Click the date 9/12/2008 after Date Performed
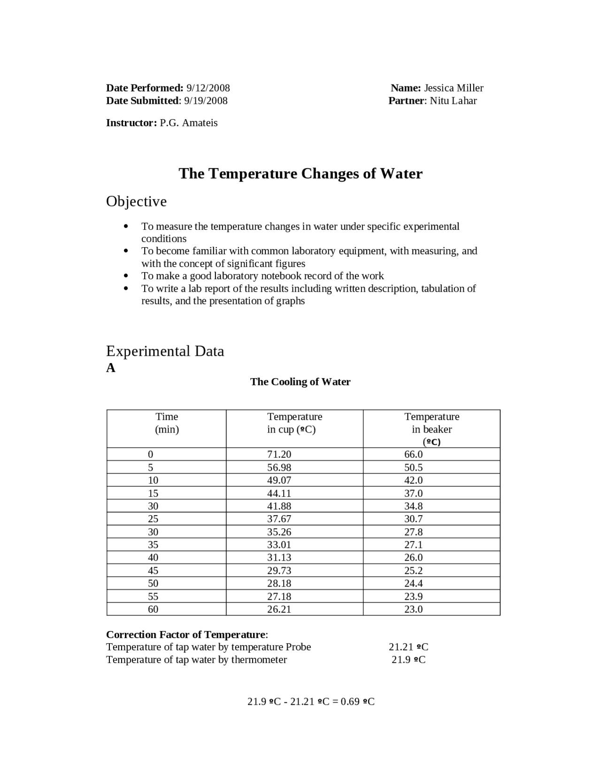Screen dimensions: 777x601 (208, 88)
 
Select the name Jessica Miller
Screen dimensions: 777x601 (454, 88)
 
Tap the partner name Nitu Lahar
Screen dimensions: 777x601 (453, 100)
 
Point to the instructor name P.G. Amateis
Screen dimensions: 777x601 (189, 123)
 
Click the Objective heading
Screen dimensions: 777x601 (136, 201)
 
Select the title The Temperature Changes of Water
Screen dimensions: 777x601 (300, 174)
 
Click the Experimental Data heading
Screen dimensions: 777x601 (165, 351)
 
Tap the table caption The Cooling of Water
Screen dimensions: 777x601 (300, 381)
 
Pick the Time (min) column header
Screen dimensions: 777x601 (167, 423)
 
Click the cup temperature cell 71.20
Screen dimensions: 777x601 (279, 454)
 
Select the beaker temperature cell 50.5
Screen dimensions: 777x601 (413, 467)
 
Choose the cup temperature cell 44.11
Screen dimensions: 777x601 (279, 493)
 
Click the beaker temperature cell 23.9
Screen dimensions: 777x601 (413, 596)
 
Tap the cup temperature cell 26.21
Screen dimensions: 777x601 (279, 609)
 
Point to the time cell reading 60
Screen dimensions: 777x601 (153, 609)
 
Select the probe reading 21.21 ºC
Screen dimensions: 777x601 (408, 647)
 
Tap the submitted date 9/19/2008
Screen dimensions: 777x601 (206, 100)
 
